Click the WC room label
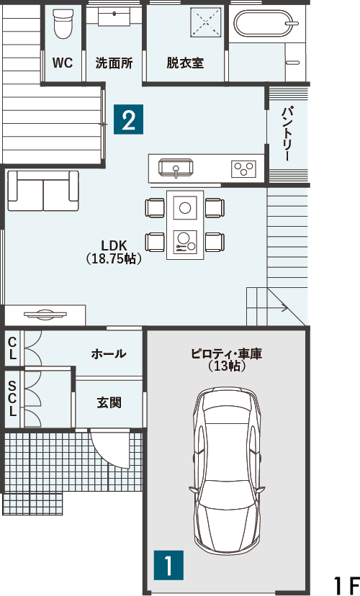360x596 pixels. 63,63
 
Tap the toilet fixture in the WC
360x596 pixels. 63,24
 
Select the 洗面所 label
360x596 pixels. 114,63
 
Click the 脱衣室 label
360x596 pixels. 185,63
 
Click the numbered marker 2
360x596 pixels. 128,119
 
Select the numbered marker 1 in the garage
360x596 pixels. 168,565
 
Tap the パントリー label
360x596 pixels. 287,134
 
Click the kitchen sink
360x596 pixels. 176,168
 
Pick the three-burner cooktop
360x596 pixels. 243,168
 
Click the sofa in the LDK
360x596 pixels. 43,191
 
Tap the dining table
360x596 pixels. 185,225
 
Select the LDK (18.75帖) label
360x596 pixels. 114,252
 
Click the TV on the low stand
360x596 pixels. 45,314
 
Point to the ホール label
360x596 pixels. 109,354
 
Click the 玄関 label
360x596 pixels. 109,402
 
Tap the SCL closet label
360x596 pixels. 12,398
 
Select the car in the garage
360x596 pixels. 227,471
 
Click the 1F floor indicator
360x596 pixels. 346,586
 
